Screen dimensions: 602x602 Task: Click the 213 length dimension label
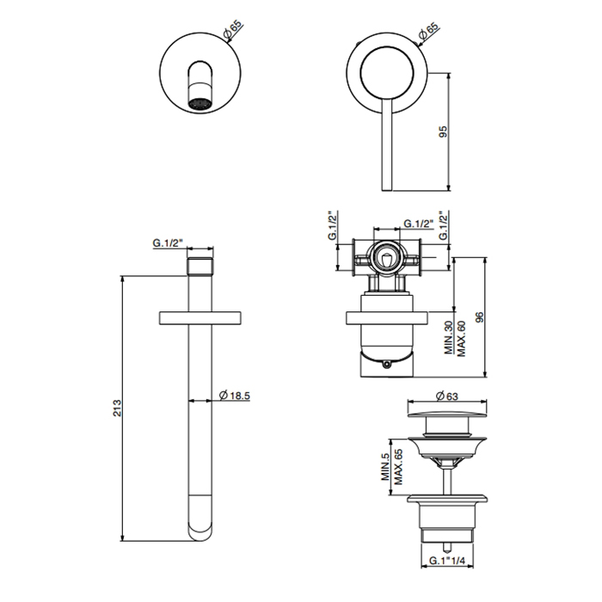[117, 408]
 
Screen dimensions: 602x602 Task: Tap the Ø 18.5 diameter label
[234, 395]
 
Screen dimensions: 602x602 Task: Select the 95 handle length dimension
[443, 132]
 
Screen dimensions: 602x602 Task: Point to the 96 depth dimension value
[479, 317]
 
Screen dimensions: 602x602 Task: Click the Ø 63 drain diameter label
[447, 396]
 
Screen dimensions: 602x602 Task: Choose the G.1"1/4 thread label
[447, 561]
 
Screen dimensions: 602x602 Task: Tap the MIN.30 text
[449, 338]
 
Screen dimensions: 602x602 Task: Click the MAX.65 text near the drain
[398, 467]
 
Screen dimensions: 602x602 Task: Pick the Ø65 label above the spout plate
[233, 29]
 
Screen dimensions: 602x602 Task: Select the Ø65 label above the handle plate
[429, 32]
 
